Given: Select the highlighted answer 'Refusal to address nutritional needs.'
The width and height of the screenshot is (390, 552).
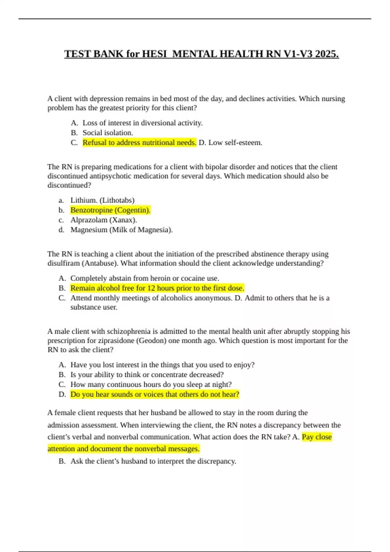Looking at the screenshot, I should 139,143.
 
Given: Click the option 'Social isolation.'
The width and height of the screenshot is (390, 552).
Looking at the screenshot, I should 108,133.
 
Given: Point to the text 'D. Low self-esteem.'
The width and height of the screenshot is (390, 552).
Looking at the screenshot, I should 230,143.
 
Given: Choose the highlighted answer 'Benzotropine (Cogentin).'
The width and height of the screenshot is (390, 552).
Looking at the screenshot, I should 110,210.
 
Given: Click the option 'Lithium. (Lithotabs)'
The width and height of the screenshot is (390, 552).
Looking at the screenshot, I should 102,200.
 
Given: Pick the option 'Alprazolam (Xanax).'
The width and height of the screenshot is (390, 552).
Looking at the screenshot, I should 104,220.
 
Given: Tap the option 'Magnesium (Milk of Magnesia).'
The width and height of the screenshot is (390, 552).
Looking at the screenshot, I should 122,230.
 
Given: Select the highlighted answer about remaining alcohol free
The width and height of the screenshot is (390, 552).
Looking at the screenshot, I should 157,288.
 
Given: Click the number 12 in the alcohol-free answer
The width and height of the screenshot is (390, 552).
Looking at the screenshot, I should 151,288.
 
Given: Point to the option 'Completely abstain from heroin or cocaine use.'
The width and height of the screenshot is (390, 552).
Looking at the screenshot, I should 145,278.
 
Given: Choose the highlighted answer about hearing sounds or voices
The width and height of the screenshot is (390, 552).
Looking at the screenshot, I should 155,394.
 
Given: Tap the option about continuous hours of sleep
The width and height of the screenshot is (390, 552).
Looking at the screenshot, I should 151,384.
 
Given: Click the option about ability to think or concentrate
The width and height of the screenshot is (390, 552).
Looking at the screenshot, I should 147,375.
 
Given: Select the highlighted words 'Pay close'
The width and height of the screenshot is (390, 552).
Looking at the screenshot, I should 317,437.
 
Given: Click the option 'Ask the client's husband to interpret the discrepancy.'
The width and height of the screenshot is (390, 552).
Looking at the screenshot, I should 153,461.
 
